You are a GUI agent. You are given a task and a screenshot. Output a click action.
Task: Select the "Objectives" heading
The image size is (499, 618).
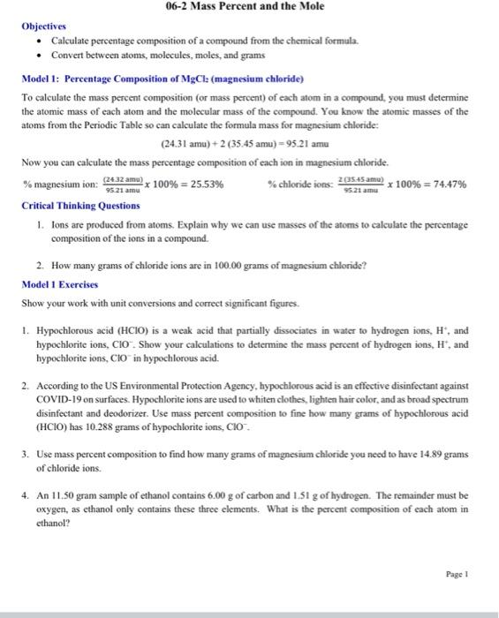coord(44,26)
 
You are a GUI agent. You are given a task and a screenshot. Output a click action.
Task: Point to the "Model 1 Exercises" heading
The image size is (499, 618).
coord(61,284)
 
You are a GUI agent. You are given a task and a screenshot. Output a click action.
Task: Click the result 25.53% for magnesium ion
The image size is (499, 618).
coord(201,185)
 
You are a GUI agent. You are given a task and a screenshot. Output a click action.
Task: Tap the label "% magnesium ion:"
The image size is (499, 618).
coord(59,185)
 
